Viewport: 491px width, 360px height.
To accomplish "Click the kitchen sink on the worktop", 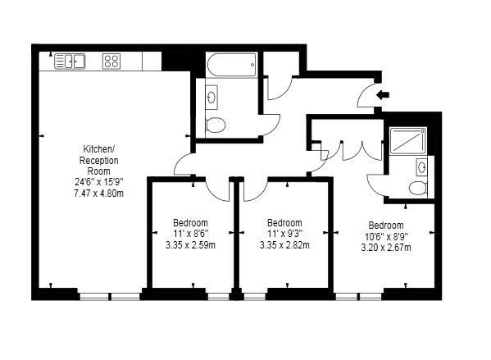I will point(70,61).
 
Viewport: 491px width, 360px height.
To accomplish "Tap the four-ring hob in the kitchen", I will point(112,61).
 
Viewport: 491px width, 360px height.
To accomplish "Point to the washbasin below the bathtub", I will point(213,98).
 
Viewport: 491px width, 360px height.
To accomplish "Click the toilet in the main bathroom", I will point(216,125).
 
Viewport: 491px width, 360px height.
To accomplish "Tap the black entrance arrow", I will point(382,94).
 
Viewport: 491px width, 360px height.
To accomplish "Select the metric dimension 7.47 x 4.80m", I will point(97,194).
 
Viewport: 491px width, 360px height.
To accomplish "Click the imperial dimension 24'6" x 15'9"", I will point(97,182).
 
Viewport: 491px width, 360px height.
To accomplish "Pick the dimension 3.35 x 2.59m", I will point(190,244).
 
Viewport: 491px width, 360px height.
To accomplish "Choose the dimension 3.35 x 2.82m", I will point(284,244).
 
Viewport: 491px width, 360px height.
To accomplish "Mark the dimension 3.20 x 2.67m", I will point(385,247).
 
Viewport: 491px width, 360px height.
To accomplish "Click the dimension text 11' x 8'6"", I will point(190,234).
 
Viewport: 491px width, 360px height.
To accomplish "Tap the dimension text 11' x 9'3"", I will point(284,234).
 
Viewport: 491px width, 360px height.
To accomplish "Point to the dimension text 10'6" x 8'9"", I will point(385,236).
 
